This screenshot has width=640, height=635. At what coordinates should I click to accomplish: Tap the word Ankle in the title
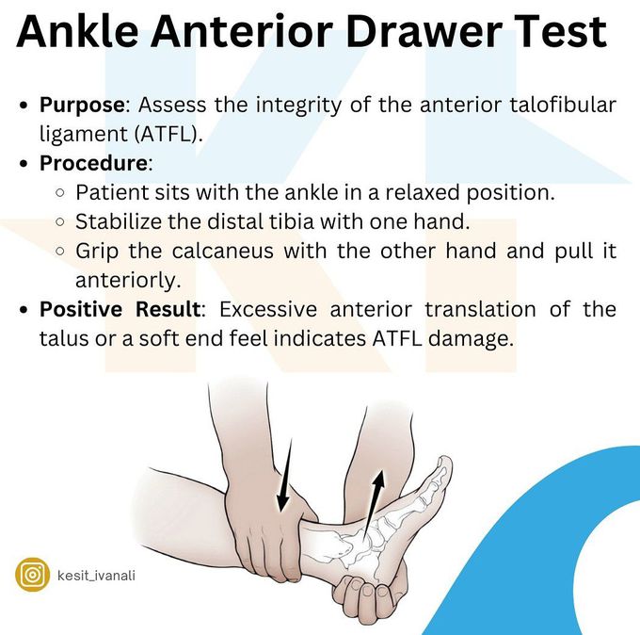77,31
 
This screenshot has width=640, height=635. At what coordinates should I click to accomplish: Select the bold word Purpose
82,106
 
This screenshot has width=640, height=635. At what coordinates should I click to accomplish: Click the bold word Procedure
93,163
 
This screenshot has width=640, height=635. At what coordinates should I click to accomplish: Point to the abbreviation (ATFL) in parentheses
168,134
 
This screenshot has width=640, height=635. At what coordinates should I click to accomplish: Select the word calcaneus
222,252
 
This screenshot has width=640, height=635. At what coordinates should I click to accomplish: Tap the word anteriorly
128,281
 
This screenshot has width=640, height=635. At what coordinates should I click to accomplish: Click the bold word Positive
80,309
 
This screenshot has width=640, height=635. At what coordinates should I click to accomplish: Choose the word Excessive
268,309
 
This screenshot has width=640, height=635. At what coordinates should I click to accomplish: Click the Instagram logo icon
33,575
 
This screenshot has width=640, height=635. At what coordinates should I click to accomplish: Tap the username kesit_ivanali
96,576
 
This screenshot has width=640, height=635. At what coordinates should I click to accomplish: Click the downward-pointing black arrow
285,475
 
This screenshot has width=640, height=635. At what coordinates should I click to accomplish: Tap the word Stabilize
119,221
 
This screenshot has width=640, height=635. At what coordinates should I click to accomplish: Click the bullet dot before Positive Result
24,310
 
